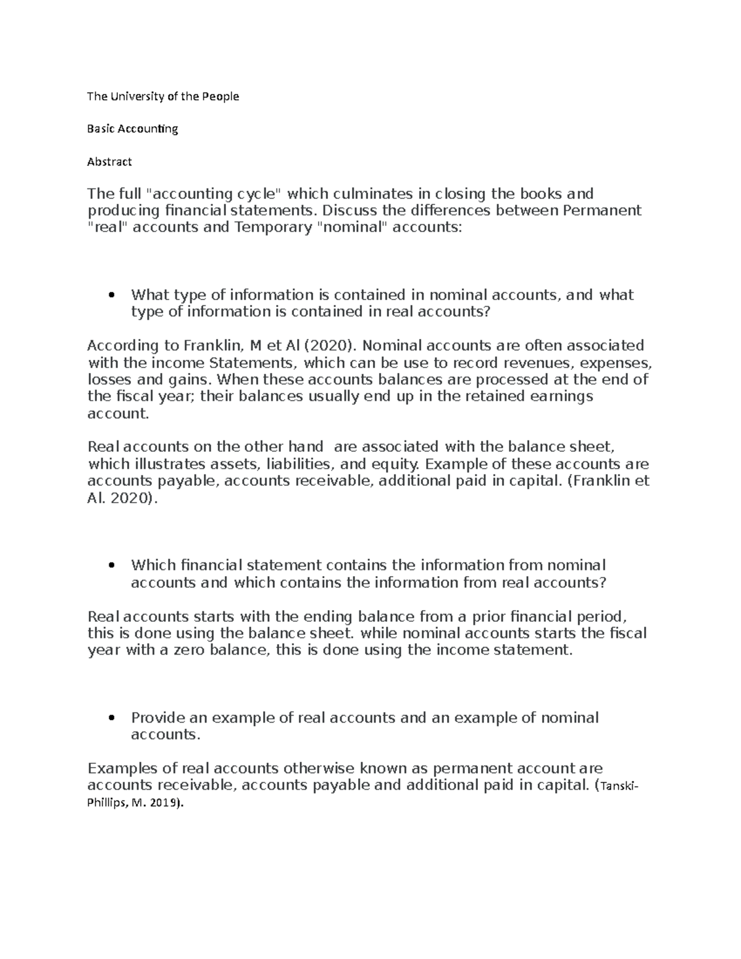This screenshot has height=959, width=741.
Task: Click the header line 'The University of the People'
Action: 163,96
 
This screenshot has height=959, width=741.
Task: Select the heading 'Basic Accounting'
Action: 133,129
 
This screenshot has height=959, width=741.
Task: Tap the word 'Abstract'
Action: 109,162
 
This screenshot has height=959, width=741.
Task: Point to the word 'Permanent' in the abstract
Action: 602,211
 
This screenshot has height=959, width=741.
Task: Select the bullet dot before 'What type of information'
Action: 111,295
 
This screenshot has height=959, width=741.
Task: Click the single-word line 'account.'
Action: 119,413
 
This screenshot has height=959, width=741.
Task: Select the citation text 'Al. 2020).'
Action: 123,498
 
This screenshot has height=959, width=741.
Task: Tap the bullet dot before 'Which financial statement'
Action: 111,566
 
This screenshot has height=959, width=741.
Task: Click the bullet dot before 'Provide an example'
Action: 111,718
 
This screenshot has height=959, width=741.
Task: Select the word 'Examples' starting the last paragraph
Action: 123,769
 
